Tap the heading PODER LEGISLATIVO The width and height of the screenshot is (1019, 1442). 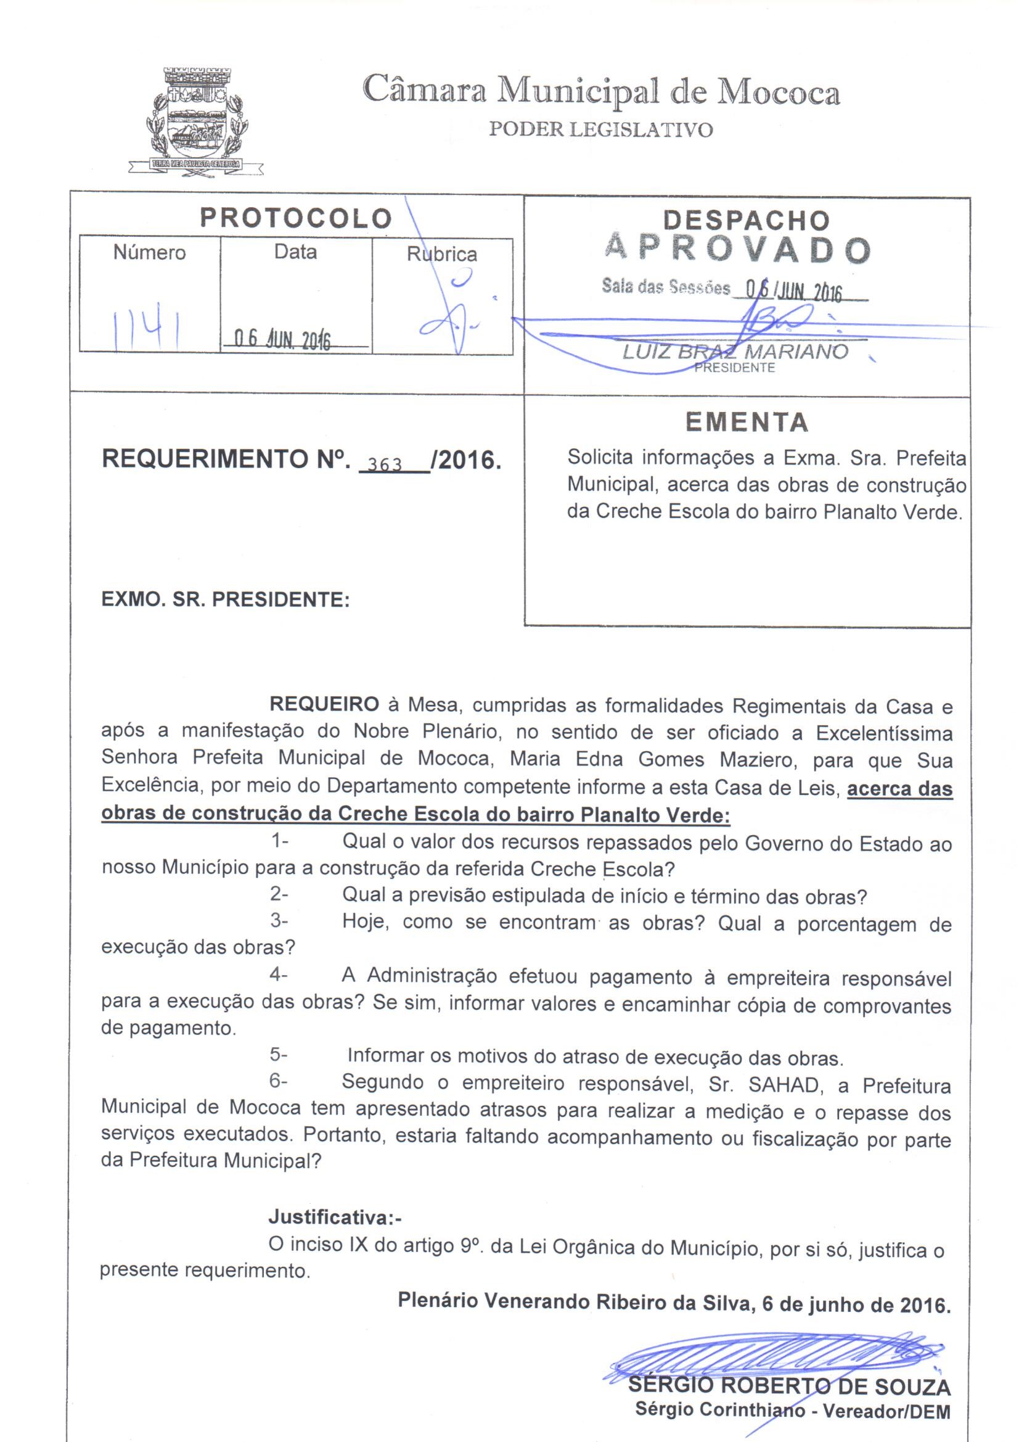coord(601,130)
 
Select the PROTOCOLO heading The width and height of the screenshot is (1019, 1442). coord(296,218)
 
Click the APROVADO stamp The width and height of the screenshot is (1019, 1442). coord(737,249)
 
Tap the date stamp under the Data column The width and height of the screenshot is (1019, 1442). coord(282,339)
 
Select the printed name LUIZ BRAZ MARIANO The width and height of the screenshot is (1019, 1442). coord(735,352)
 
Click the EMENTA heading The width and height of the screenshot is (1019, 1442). coord(747,422)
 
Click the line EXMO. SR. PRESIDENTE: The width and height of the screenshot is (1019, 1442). coord(225,599)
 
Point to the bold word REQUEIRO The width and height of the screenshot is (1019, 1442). coord(324,705)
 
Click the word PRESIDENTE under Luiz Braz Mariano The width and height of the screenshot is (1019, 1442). coord(734,368)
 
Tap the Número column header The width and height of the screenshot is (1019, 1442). coord(149,252)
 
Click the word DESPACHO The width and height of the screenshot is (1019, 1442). coord(747,220)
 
